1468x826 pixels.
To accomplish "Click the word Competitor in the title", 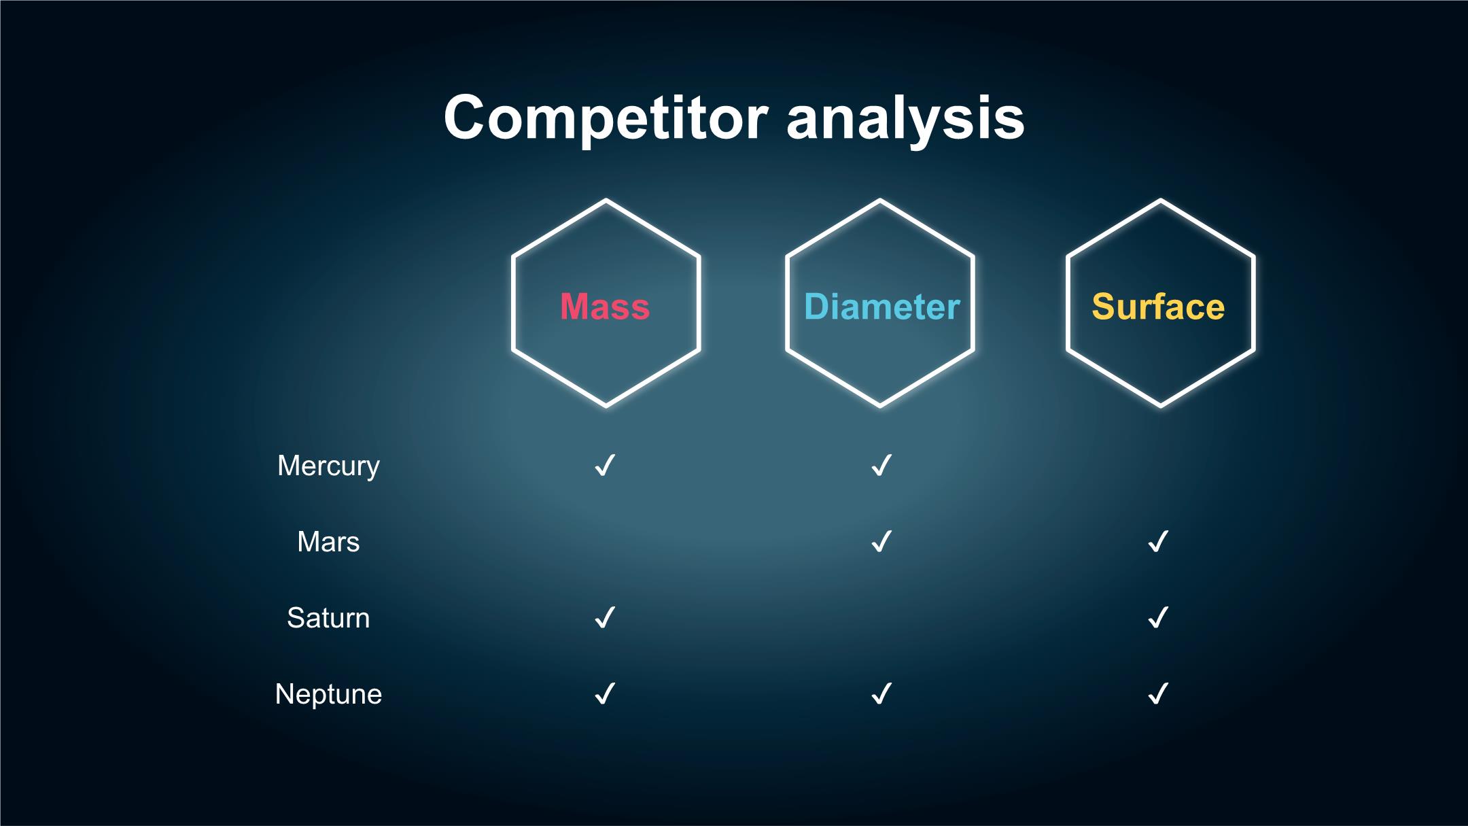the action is pyautogui.click(x=606, y=118).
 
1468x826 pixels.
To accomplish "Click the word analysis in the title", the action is pyautogui.click(x=905, y=118).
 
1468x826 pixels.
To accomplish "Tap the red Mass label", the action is pyautogui.click(x=605, y=307).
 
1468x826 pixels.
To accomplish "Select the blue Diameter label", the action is pyautogui.click(x=881, y=307).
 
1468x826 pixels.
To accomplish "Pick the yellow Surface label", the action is pyautogui.click(x=1158, y=307).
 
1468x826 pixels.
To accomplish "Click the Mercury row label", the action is pyautogui.click(x=328, y=466).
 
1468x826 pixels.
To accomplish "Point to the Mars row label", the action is pyautogui.click(x=328, y=542).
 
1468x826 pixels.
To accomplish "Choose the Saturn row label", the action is pyautogui.click(x=328, y=618).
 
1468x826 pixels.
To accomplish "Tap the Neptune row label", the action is pyautogui.click(x=328, y=695).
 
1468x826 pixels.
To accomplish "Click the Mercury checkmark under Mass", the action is pyautogui.click(x=604, y=466).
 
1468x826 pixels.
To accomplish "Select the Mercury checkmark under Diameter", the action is pyautogui.click(x=881, y=466).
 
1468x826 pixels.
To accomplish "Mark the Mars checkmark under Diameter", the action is pyautogui.click(x=881, y=542).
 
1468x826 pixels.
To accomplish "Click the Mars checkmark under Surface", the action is pyautogui.click(x=1157, y=542).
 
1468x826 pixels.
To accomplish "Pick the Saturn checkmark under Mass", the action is pyautogui.click(x=604, y=618).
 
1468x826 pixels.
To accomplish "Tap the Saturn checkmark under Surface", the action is pyautogui.click(x=1157, y=618).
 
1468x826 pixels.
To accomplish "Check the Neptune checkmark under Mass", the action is pyautogui.click(x=604, y=694).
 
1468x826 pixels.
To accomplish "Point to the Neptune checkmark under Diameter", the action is pyautogui.click(x=881, y=694).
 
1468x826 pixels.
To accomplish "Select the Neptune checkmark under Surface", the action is pyautogui.click(x=1157, y=694).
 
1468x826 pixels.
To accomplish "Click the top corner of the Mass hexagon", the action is pyautogui.click(x=606, y=201).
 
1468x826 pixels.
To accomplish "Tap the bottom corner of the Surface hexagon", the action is pyautogui.click(x=1161, y=406).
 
